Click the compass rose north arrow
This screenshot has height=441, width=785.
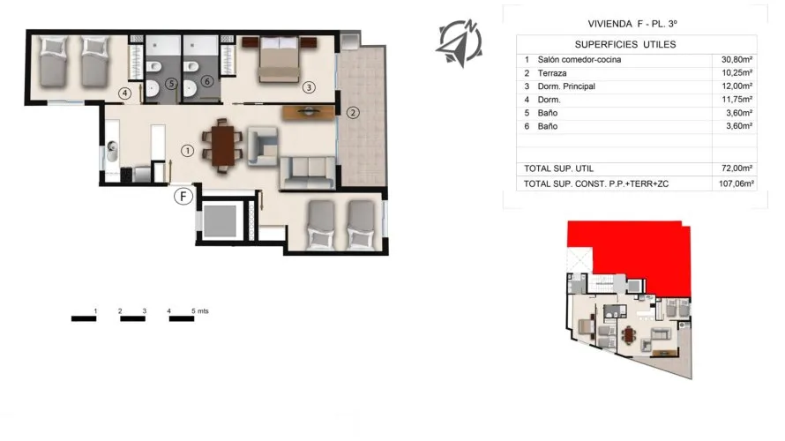459,40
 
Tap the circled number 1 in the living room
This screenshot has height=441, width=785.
187,151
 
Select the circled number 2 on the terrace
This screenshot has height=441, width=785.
353,112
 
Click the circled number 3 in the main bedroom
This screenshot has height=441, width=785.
308,87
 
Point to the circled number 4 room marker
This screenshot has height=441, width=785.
125,92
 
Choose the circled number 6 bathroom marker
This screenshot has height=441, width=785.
207,81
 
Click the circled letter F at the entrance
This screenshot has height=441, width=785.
183,196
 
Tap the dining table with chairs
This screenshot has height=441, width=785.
222,146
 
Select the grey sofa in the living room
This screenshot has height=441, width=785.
307,171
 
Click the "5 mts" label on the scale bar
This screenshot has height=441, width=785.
200,311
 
